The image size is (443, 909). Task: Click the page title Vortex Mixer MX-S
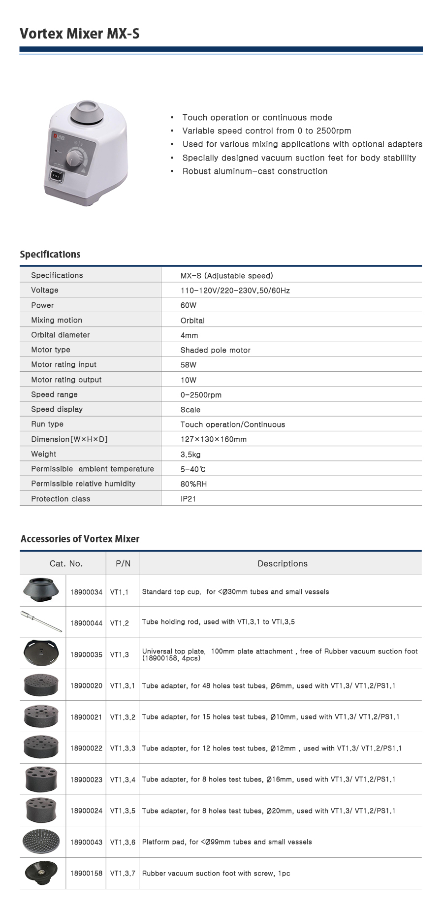pyautogui.click(x=80, y=33)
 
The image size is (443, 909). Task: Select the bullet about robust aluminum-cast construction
pyautogui.click(x=254, y=171)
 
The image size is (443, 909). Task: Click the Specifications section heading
pyautogui.click(x=50, y=255)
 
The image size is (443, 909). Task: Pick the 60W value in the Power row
pyautogui.click(x=189, y=305)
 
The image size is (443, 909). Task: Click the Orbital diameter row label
pyautogui.click(x=61, y=335)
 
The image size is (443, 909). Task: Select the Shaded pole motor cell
pyautogui.click(x=216, y=350)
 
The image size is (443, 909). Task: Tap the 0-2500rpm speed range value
pyautogui.click(x=201, y=395)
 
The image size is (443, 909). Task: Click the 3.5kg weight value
pyautogui.click(x=190, y=454)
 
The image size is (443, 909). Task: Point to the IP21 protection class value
pyautogui.click(x=188, y=499)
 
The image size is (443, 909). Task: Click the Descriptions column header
pyautogui.click(x=283, y=564)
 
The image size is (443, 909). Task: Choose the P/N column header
pyautogui.click(x=123, y=564)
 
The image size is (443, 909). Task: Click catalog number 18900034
pyautogui.click(x=86, y=592)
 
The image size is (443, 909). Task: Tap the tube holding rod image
pyautogui.click(x=41, y=621)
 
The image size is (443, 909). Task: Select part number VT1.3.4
pyautogui.click(x=123, y=780)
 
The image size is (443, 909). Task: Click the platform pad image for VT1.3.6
pyautogui.click(x=41, y=842)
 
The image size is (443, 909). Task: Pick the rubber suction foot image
pyautogui.click(x=41, y=873)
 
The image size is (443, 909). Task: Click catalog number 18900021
pyautogui.click(x=86, y=717)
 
